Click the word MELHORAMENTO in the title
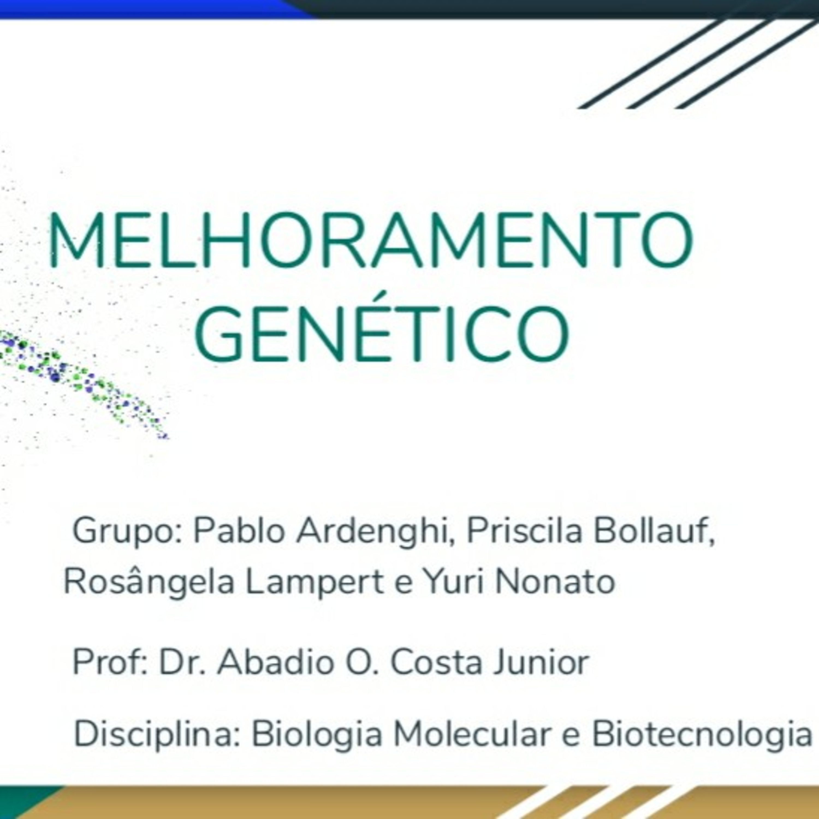click(371, 240)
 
